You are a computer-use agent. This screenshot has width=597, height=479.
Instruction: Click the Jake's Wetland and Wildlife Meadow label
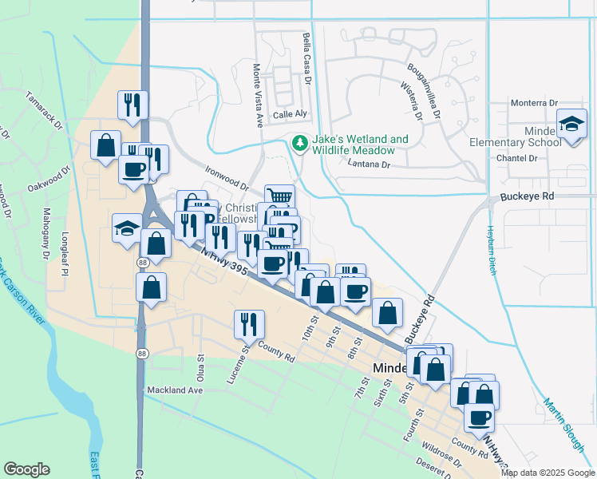click(354, 144)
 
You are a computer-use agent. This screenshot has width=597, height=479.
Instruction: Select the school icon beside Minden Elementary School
click(571, 124)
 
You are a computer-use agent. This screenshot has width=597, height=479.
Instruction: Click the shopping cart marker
click(279, 196)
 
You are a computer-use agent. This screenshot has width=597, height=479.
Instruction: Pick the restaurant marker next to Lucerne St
click(249, 323)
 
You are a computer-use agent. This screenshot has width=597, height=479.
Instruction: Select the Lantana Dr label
click(369, 164)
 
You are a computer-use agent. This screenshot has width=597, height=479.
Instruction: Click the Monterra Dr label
click(534, 104)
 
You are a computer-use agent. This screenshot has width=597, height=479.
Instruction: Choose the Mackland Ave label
click(175, 390)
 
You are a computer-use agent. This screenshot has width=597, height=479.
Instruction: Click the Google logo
click(27, 469)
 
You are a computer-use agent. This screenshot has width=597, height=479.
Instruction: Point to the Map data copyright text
click(548, 473)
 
